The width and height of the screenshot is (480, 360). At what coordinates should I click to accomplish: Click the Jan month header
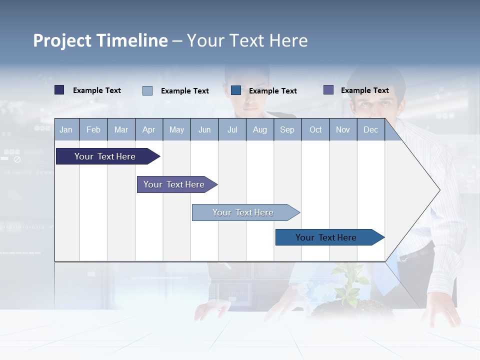[x=66, y=130]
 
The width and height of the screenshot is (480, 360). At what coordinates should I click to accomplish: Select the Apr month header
[x=148, y=130]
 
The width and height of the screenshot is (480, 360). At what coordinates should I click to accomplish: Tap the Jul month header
[x=232, y=130]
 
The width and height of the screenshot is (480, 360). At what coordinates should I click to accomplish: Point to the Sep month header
[x=287, y=130]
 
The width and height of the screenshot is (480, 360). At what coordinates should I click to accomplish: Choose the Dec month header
[x=370, y=130]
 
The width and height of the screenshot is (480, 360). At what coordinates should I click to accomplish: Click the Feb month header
[x=93, y=130]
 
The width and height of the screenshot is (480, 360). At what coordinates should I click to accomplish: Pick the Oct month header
[x=315, y=130]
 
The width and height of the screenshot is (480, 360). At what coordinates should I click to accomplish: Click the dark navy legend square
[x=59, y=90]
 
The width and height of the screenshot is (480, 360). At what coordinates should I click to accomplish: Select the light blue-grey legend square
[x=147, y=90]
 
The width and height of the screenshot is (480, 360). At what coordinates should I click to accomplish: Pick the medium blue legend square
[x=236, y=90]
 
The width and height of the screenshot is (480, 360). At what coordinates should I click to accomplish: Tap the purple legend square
[x=328, y=90]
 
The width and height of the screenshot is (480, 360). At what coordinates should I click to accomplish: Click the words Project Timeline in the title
[x=100, y=40]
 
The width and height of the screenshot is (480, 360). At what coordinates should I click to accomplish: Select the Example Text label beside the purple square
[x=364, y=90]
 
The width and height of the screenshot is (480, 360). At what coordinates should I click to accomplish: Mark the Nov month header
[x=343, y=130]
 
